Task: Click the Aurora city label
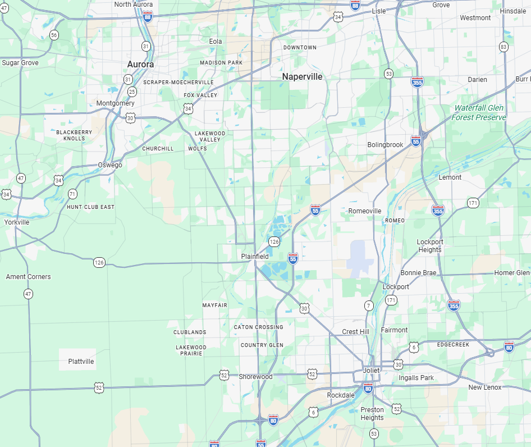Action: pos(140,65)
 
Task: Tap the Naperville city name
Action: pos(302,77)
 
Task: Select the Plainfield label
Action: pos(255,256)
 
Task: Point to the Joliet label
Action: pos(371,371)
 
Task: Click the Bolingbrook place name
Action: pos(385,145)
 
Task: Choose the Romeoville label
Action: pos(365,211)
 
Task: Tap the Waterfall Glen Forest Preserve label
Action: pos(479,113)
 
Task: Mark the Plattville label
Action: pos(81,362)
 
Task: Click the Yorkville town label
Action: pos(16,222)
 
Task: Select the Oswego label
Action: pos(110,165)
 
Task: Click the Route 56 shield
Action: pos(54,35)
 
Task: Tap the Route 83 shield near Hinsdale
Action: pos(503,47)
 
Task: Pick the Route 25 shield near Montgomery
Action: pos(132,92)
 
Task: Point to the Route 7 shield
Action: pos(369,306)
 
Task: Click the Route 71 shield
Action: pos(72,194)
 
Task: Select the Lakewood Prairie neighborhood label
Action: pos(191,350)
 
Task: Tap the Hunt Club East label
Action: pos(90,207)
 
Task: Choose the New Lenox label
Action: pos(485,388)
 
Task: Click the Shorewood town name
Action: pos(255,377)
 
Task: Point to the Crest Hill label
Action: pos(355,332)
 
